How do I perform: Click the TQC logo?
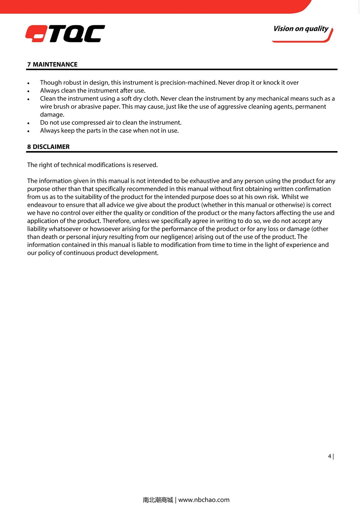point(65,34)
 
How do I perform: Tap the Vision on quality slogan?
point(301,29)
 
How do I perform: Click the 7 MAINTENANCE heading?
point(52,64)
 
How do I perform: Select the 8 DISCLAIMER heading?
point(48,147)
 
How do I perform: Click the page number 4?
point(330,456)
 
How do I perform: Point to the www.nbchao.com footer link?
point(204,500)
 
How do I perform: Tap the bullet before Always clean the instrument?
point(28,91)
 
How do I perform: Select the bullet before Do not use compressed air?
point(28,123)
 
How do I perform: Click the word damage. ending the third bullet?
point(52,115)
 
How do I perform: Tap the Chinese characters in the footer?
point(158,500)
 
